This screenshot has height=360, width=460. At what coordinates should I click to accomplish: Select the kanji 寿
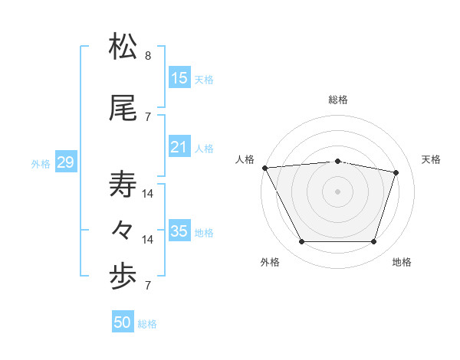tap(123, 185)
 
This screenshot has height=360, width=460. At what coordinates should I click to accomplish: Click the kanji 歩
tap(123, 277)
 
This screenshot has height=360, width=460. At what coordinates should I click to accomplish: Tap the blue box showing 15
tap(179, 77)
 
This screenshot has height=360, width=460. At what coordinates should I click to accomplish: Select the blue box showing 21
tap(179, 147)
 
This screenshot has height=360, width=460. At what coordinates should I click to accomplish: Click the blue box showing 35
tap(179, 231)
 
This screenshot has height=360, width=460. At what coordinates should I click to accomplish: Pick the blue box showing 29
tap(65, 162)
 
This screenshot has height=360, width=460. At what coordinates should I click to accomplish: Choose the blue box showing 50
tap(123, 322)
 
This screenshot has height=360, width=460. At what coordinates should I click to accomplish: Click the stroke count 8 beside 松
tap(148, 56)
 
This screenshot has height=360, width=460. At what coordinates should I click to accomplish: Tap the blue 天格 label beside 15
tap(204, 79)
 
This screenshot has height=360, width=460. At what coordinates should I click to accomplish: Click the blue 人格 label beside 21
tap(204, 149)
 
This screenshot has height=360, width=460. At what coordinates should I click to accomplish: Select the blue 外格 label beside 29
tap(41, 164)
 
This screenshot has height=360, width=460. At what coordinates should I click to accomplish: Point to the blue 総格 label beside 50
tap(147, 324)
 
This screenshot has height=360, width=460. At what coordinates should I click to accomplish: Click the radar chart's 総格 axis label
tap(338, 100)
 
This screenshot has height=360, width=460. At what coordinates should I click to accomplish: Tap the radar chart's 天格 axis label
tap(432, 159)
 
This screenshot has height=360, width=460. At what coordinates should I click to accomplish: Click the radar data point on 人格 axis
tap(264, 167)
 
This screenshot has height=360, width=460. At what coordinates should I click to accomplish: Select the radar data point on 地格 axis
tap(374, 242)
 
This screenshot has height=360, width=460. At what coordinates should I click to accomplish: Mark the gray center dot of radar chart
tap(338, 191)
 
